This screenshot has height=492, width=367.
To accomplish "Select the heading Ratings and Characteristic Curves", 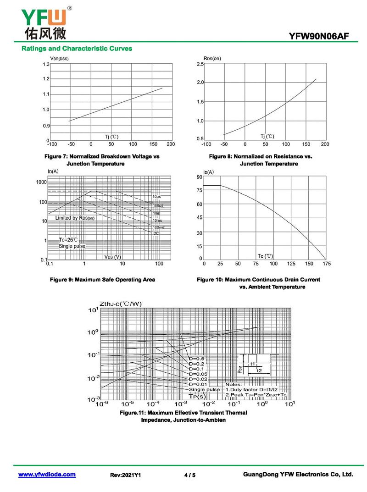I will pyautogui.click(x=77, y=48).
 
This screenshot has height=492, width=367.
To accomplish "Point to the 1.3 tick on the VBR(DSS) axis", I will pyautogui.click(x=46, y=64).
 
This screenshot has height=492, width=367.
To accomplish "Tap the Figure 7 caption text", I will pyautogui.click(x=102, y=160).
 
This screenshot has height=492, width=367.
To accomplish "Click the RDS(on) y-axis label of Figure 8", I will pyautogui.click(x=212, y=58).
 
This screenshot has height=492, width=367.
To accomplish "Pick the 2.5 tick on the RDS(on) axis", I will pyautogui.click(x=200, y=64).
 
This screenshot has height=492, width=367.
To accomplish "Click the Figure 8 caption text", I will pyautogui.click(x=261, y=160).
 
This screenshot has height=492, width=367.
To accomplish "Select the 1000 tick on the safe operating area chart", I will pyautogui.click(x=41, y=182).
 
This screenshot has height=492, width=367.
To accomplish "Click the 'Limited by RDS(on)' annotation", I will pyautogui.click(x=75, y=218).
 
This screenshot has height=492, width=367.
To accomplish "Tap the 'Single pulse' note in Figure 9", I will pyautogui.click(x=72, y=246).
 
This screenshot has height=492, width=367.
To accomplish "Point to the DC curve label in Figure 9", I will pyautogui.click(x=156, y=233).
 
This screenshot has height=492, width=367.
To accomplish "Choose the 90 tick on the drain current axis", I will pyautogui.click(x=199, y=177).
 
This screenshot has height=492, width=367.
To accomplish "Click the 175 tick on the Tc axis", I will pyautogui.click(x=326, y=264).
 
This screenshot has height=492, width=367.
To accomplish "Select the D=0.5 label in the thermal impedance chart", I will pyautogui.click(x=196, y=359).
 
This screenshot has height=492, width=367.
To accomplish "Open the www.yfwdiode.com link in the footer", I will pyautogui.click(x=47, y=475).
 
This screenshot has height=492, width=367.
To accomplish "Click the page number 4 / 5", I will pyautogui.click(x=189, y=475).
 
